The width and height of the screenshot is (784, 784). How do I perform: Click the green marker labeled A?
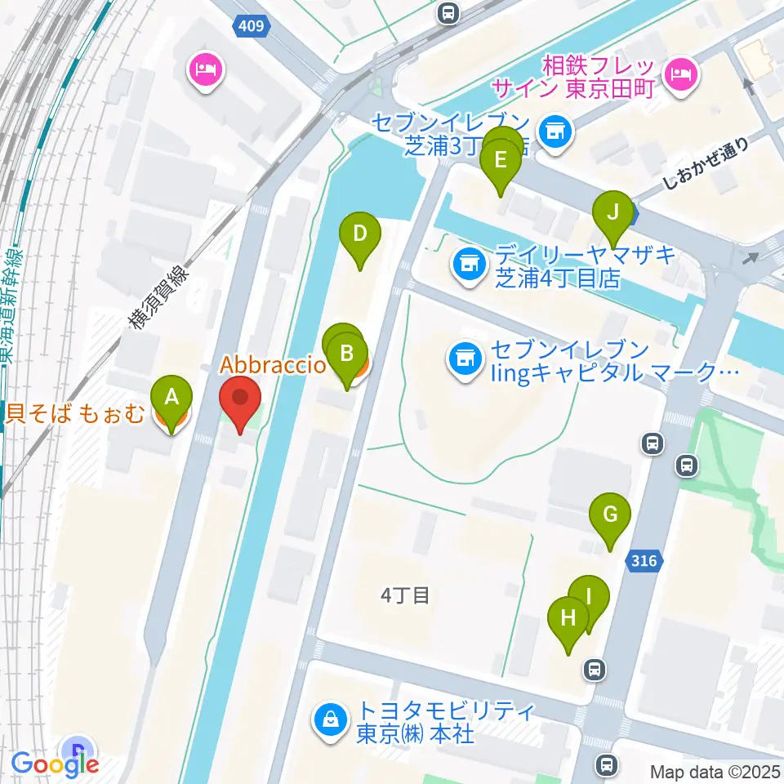(x=171, y=399)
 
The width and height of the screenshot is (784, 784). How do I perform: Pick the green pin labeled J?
(x=612, y=215)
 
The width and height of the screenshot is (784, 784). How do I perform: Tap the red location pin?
(x=240, y=400)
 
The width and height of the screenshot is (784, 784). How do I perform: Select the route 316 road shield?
(x=644, y=560)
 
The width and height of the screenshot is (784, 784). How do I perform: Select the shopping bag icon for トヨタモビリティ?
(x=332, y=719)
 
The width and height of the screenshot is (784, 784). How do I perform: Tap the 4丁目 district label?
(x=405, y=595)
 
